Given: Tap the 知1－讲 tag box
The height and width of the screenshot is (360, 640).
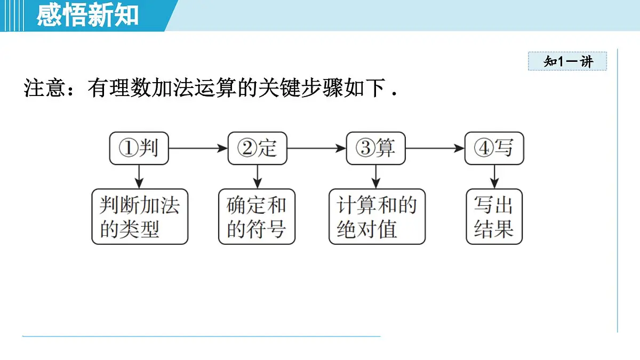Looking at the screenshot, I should [568, 61].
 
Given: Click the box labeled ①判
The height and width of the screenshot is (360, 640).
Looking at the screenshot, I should [139, 148].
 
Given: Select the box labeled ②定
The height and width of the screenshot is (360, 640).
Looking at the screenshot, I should [257, 148].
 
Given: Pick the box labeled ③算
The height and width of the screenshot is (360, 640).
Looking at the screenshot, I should [375, 148].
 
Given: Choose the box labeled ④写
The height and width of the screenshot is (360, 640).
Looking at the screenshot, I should [494, 148].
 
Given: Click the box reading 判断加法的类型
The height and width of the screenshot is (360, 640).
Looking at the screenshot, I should [140, 217].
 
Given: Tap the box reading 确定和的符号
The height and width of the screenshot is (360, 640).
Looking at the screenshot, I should [257, 217].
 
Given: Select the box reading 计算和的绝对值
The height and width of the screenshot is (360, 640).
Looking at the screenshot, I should [377, 217].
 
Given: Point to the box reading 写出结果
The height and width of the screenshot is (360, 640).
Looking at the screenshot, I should [494, 217].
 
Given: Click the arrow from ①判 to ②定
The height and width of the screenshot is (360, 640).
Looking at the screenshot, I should [198, 148].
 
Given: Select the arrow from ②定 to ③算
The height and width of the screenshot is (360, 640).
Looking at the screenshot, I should [316, 148].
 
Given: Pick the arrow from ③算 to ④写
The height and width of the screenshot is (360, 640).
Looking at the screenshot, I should [435, 148].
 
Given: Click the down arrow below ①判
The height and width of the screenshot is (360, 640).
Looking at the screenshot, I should [139, 176].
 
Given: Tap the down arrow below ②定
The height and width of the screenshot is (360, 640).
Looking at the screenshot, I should [258, 176].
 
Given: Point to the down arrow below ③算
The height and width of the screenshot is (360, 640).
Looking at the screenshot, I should [376, 176].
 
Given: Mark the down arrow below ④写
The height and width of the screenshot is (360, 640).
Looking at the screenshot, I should [494, 176].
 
